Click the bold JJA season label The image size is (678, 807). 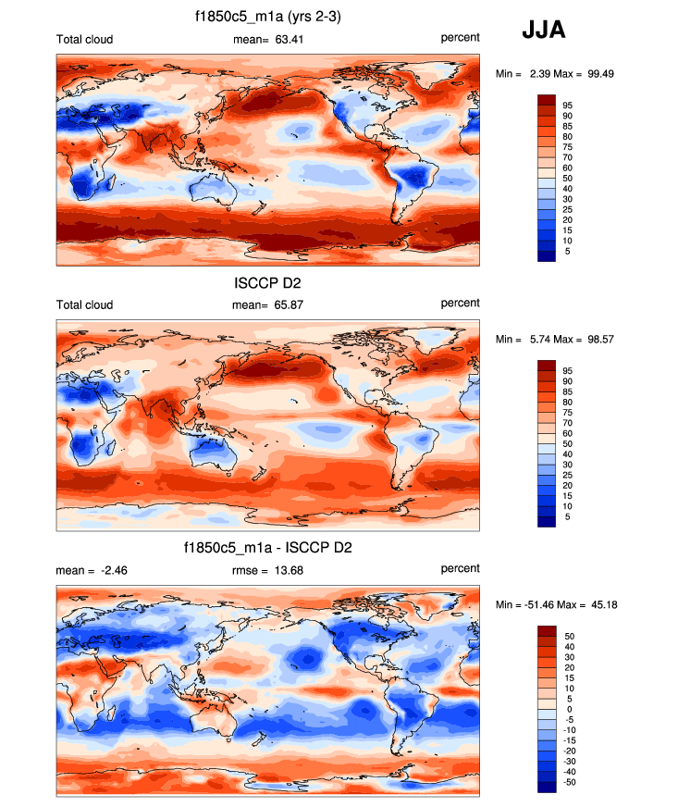[x=544, y=31]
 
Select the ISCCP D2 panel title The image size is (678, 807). [x=268, y=282]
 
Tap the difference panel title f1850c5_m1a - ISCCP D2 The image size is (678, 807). [x=268, y=549]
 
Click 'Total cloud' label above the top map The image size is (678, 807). [x=84, y=38]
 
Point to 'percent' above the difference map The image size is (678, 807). [x=460, y=568]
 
